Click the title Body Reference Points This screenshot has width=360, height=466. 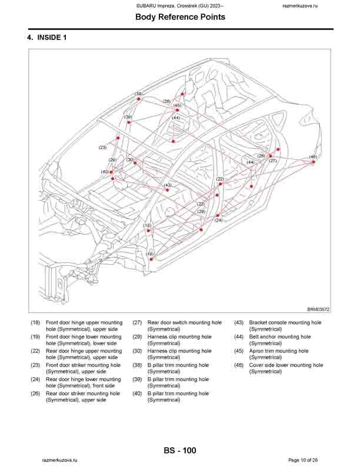click(x=181, y=17)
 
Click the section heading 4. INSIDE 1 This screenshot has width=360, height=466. click(x=47, y=38)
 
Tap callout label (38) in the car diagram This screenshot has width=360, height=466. click(x=139, y=94)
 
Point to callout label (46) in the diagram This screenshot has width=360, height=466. click(x=313, y=157)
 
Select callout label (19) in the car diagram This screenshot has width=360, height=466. click(x=149, y=254)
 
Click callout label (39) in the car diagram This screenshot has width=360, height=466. click(x=128, y=117)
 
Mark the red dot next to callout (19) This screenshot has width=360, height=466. click(x=151, y=259)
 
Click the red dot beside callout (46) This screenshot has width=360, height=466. click(x=313, y=162)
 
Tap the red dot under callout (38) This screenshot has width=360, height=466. click(x=138, y=99)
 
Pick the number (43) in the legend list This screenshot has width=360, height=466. click(x=239, y=322)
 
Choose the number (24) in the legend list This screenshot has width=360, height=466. click(x=35, y=380)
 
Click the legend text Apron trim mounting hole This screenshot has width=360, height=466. click(x=279, y=351)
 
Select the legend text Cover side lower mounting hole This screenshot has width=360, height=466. click(x=286, y=365)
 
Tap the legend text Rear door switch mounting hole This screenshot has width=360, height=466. click(x=185, y=322)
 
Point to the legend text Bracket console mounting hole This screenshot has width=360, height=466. click(x=285, y=322)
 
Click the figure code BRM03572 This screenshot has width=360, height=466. click(x=318, y=309)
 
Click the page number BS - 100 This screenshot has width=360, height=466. click(x=180, y=451)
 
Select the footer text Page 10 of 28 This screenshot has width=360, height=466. click(x=304, y=460)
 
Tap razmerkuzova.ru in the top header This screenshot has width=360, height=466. click(x=300, y=6)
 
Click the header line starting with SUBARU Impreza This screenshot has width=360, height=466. click(x=180, y=6)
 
